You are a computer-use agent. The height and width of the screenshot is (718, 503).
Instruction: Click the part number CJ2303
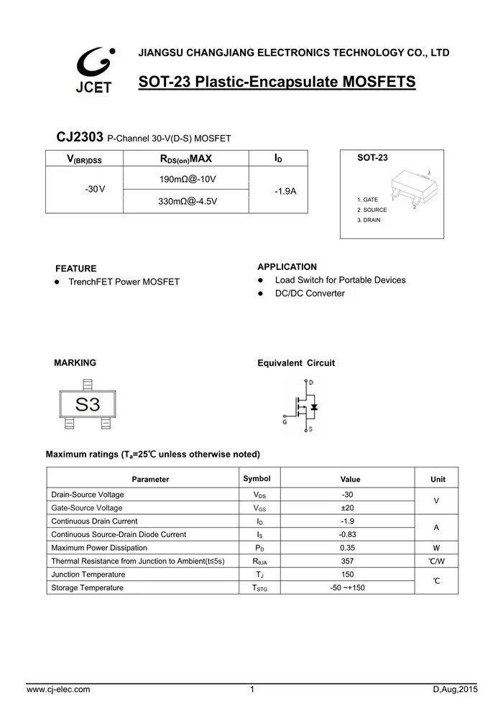pyautogui.click(x=80, y=137)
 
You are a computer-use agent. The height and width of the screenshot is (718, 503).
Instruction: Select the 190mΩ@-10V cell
pyautogui.click(x=187, y=178)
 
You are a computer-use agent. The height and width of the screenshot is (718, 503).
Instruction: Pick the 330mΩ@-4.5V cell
pyautogui.click(x=187, y=201)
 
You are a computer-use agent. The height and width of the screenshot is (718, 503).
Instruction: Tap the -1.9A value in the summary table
pyautogui.click(x=285, y=191)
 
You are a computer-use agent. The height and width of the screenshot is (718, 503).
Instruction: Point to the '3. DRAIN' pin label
pyautogui.click(x=369, y=220)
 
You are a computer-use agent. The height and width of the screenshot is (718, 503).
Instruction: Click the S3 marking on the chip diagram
pyautogui.click(x=88, y=404)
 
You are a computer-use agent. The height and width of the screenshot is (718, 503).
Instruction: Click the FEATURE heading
pyautogui.click(x=75, y=269)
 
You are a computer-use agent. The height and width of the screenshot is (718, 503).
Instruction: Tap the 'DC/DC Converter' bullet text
pyautogui.click(x=310, y=294)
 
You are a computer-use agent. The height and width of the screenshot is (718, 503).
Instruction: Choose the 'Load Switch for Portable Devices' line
pyautogui.click(x=340, y=280)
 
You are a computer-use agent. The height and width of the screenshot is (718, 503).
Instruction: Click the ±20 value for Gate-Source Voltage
pyautogui.click(x=347, y=508)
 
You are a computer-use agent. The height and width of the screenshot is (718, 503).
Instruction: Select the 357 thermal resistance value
pyautogui.click(x=347, y=561)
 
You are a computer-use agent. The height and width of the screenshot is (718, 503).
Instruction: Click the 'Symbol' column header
pyautogui.click(x=257, y=479)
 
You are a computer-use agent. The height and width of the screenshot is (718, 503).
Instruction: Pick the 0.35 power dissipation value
pyautogui.click(x=347, y=548)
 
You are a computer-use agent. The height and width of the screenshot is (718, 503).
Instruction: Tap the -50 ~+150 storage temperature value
pyautogui.click(x=347, y=588)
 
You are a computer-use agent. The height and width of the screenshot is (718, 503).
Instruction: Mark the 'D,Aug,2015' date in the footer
pyautogui.click(x=455, y=690)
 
